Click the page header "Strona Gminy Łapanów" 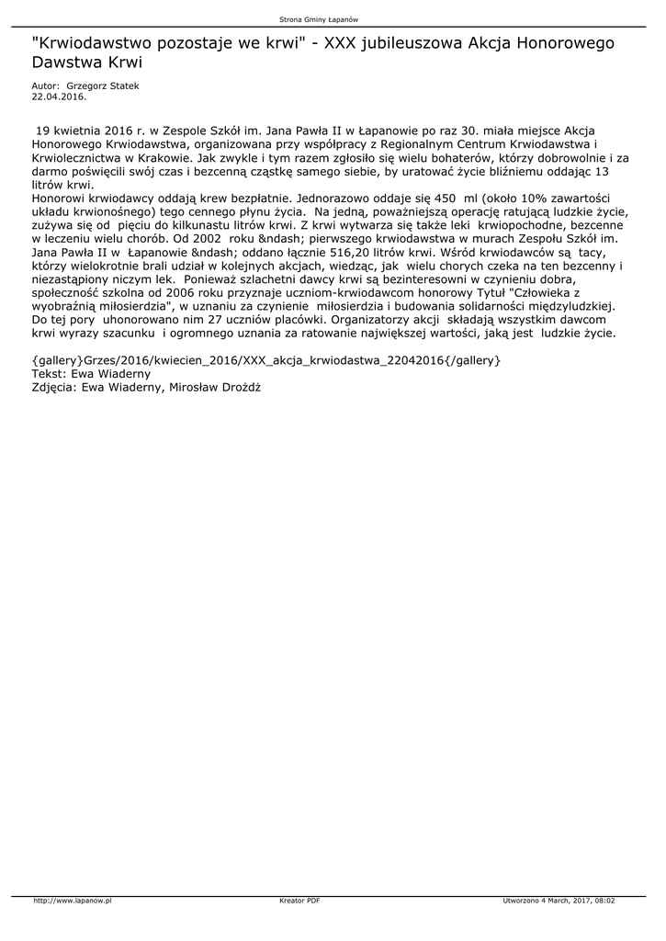coord(332,19)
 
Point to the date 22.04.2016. coord(59,96)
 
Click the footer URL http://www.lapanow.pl coord(73,901)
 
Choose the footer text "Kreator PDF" coord(299,901)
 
